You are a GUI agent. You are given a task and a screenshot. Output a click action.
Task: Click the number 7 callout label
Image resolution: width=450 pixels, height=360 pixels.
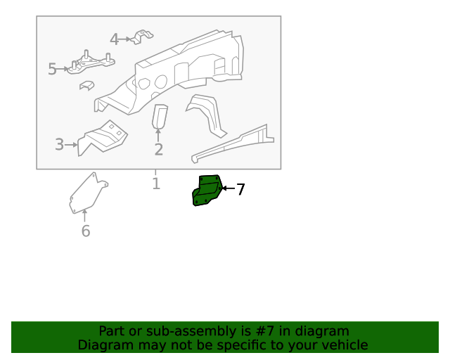point(240,189)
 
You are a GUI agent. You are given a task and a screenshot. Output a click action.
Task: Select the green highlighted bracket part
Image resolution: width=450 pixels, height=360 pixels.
point(207,191)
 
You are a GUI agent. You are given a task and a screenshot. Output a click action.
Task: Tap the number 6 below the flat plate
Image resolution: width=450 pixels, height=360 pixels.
point(86,231)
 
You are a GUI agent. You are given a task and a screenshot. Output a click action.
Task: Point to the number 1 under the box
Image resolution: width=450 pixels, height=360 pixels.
point(156,184)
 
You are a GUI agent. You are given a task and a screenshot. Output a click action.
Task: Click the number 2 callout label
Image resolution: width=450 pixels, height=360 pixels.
point(159,149)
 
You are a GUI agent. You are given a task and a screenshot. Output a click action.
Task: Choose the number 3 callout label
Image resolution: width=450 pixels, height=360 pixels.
point(59,144)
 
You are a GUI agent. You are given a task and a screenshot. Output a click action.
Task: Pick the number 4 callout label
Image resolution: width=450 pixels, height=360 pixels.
point(115,39)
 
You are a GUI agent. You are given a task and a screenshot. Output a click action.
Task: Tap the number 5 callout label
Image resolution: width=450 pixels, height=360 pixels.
point(52,69)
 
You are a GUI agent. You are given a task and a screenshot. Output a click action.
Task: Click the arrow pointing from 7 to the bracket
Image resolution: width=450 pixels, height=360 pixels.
point(229,188)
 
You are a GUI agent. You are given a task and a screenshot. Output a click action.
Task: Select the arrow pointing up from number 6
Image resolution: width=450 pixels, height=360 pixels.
point(84,216)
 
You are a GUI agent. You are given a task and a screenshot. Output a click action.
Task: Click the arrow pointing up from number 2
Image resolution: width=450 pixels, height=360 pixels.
point(157,135)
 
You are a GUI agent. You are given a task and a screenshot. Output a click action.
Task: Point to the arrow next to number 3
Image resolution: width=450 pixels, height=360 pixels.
point(71,145)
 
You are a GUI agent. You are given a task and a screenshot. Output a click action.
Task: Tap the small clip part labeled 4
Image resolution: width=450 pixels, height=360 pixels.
point(142,37)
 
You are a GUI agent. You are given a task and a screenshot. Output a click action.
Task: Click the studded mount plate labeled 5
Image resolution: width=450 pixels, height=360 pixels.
point(91,63)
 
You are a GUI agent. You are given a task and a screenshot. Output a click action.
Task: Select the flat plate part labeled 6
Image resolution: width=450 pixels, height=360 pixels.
point(88,193)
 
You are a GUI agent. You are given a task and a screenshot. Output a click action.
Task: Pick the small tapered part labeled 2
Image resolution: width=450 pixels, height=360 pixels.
point(160,116)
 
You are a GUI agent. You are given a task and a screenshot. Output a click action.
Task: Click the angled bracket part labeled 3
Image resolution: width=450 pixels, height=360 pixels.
point(103,138)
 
